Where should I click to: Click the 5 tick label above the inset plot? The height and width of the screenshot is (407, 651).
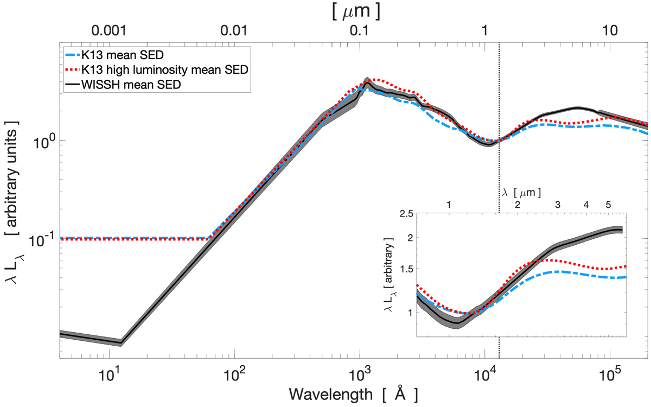point(608,205)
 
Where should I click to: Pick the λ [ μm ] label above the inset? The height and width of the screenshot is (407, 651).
point(521,191)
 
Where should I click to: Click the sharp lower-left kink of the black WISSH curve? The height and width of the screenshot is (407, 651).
point(120,343)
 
